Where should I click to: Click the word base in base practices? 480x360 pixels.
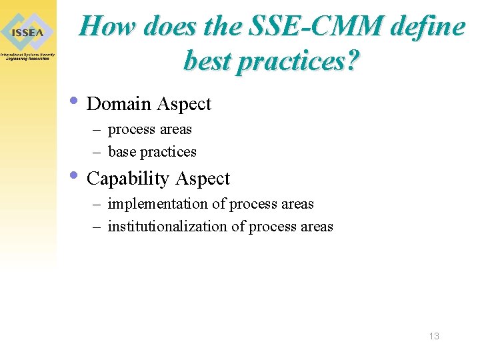[x=121, y=152]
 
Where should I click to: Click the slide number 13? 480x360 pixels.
[x=434, y=336]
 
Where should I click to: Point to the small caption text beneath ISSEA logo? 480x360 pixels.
[x=27, y=57]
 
